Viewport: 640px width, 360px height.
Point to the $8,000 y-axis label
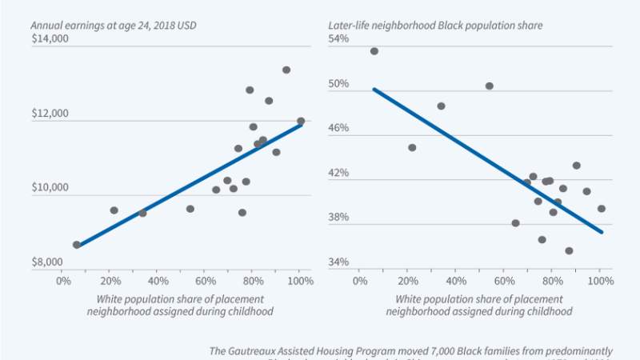(x=49, y=262)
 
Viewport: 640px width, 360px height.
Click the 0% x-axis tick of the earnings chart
(x=63, y=282)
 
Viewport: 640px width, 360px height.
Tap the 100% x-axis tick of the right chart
(x=601, y=282)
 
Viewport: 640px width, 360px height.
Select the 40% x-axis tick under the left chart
(x=158, y=282)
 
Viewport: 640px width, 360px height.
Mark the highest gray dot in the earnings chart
(x=286, y=70)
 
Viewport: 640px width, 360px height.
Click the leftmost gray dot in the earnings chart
(x=77, y=245)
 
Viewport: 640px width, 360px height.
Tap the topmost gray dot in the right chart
(x=374, y=51)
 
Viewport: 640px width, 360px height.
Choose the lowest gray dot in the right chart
(x=569, y=250)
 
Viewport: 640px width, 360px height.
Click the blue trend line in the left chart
(x=189, y=186)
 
